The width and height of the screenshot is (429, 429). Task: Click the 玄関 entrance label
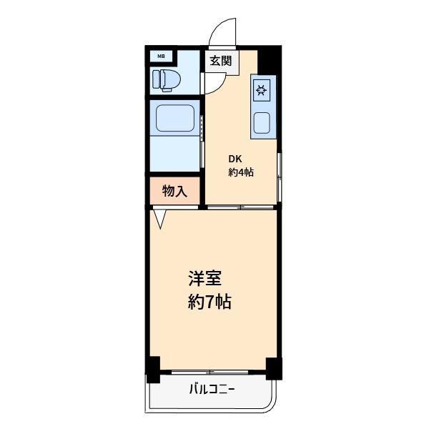(x=220, y=61)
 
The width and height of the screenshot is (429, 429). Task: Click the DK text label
(x=235, y=159)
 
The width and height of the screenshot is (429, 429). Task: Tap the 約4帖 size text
(x=242, y=172)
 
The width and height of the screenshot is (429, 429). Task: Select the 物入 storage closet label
(x=174, y=191)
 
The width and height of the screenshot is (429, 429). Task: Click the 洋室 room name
(x=204, y=277)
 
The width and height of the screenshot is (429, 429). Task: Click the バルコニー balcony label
(x=212, y=390)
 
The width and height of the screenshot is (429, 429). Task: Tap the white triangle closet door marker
(x=160, y=217)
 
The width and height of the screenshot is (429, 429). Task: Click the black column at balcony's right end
(x=272, y=368)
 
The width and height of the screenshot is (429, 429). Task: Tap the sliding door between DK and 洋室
(x=241, y=207)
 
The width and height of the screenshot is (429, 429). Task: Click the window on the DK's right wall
(x=280, y=176)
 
